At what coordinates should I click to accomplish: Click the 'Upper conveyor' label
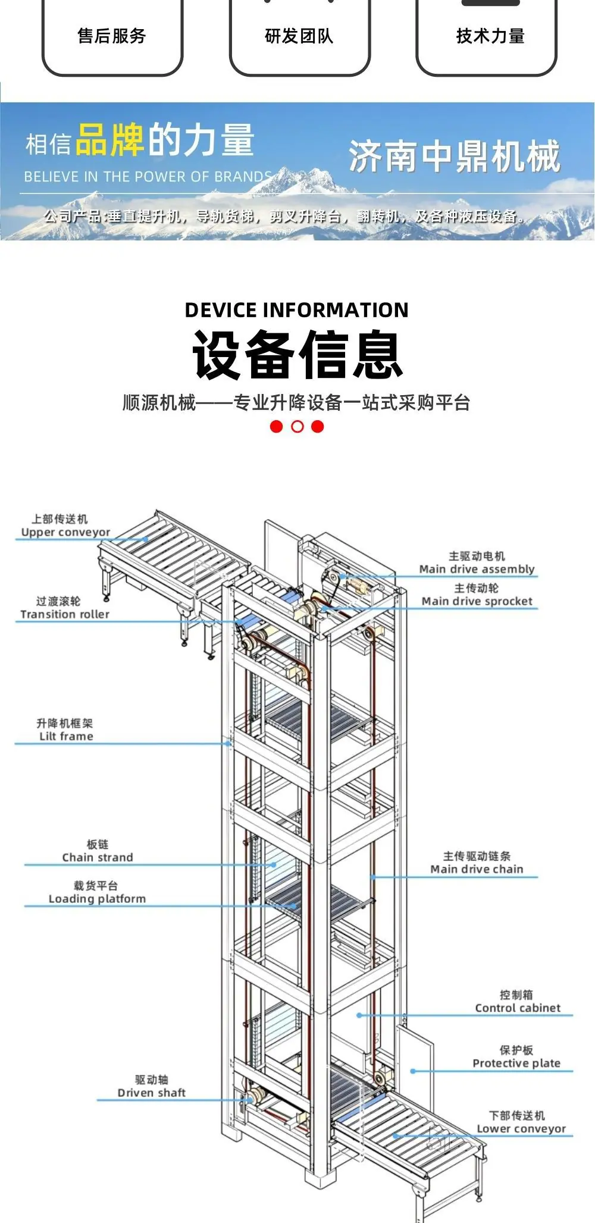(65, 532)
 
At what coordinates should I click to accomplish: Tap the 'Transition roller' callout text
(65, 614)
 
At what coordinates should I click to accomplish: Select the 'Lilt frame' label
(66, 736)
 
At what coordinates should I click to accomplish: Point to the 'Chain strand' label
(98, 858)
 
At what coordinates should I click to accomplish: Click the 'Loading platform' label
(97, 899)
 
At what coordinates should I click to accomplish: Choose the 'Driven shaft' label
(151, 1093)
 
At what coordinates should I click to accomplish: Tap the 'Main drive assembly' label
(477, 569)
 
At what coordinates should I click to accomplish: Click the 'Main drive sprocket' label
(477, 601)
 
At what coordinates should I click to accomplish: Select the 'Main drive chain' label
(477, 869)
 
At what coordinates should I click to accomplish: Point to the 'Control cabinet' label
(518, 1008)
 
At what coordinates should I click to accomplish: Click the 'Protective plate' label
(516, 1064)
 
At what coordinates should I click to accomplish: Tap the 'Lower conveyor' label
(521, 1129)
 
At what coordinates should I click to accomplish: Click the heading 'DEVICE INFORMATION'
(296, 310)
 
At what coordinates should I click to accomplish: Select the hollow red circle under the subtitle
(297, 426)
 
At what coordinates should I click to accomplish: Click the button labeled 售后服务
(112, 37)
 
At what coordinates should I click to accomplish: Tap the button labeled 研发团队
(299, 37)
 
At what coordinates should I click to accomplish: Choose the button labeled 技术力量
(487, 37)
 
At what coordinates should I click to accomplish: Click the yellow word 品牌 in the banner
(110, 140)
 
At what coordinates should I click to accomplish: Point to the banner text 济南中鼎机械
(455, 157)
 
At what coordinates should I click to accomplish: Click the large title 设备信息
(297, 355)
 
